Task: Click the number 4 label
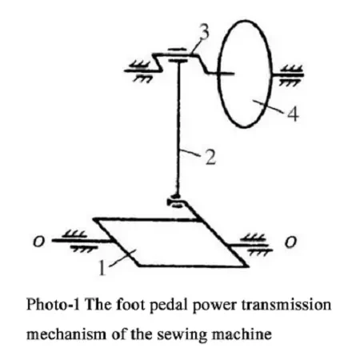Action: click(293, 114)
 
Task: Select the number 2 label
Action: click(210, 158)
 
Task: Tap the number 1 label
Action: click(102, 267)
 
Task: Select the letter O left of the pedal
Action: click(38, 242)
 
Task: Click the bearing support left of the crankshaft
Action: click(140, 70)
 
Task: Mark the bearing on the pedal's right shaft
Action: click(258, 245)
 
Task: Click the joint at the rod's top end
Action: click(178, 55)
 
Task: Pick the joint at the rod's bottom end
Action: click(176, 202)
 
